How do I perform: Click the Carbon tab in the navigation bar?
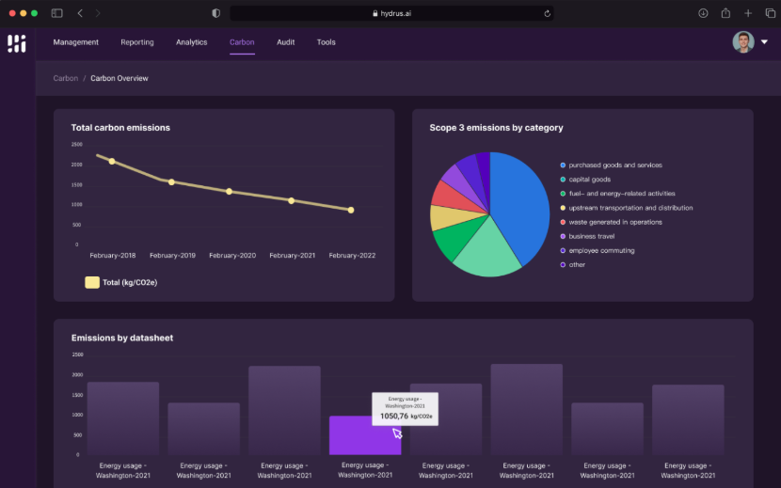(242, 42)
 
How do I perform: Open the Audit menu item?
(285, 42)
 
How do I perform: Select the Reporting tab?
(137, 42)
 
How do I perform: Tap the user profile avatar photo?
(743, 42)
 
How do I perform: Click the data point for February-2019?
(171, 181)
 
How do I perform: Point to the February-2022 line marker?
(351, 210)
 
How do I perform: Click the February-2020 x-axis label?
(232, 256)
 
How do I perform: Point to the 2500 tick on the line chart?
(75, 145)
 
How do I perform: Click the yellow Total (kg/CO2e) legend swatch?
(92, 282)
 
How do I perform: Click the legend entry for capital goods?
(589, 180)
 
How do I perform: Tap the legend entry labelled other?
(576, 264)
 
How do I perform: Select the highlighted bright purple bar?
(365, 437)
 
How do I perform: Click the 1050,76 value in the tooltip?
(393, 416)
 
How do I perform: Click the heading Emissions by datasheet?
(122, 338)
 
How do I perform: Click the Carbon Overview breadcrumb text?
(120, 78)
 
